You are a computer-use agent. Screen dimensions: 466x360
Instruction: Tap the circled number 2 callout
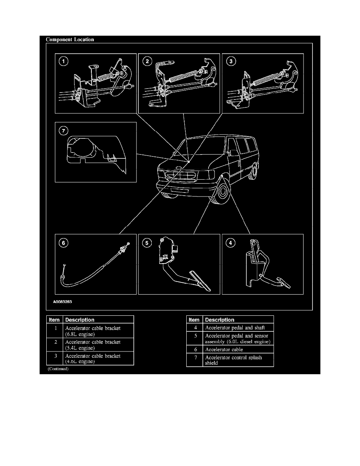147,61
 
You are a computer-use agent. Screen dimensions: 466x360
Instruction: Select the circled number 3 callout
231,61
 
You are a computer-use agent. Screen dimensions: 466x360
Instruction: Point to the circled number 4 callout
231,243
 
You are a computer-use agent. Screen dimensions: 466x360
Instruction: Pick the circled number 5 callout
147,243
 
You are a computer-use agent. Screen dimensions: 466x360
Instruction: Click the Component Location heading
70,39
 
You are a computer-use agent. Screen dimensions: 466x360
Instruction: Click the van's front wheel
222,193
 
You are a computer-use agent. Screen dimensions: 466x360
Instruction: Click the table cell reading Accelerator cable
224,349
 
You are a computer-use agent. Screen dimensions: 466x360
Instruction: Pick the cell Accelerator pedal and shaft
235,327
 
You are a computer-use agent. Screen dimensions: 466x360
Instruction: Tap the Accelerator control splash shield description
233,360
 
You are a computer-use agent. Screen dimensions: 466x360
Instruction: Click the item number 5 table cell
195,338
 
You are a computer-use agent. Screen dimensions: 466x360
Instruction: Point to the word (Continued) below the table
58,369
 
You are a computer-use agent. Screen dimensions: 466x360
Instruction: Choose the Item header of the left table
54,320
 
